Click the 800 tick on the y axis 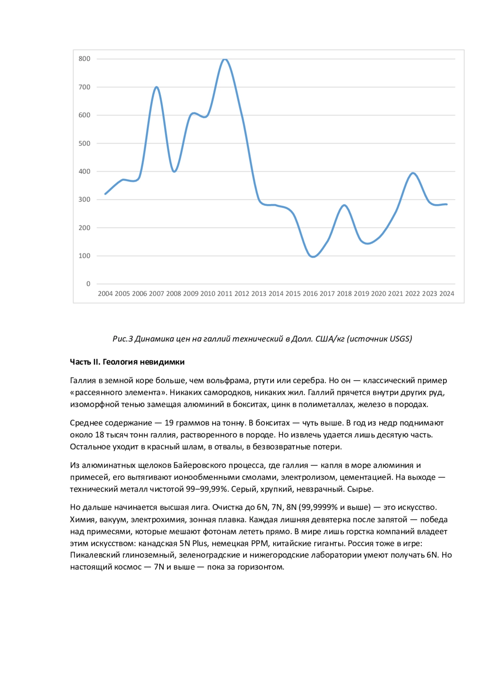(x=85, y=59)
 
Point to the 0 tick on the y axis (x=88, y=284)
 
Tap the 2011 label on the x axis (x=225, y=294)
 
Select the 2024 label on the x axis (x=447, y=294)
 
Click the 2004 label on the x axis (x=105, y=294)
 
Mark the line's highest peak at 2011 (x=225, y=59)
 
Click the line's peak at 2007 (x=156, y=87)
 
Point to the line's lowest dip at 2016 (x=313, y=257)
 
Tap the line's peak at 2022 (x=413, y=173)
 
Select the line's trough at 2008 (x=174, y=172)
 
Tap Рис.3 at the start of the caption (x=123, y=339)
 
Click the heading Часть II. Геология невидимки (x=127, y=362)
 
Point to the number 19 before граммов (x=169, y=423)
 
